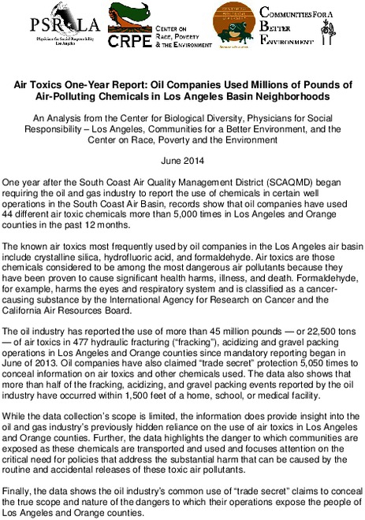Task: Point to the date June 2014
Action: coord(182,159)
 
